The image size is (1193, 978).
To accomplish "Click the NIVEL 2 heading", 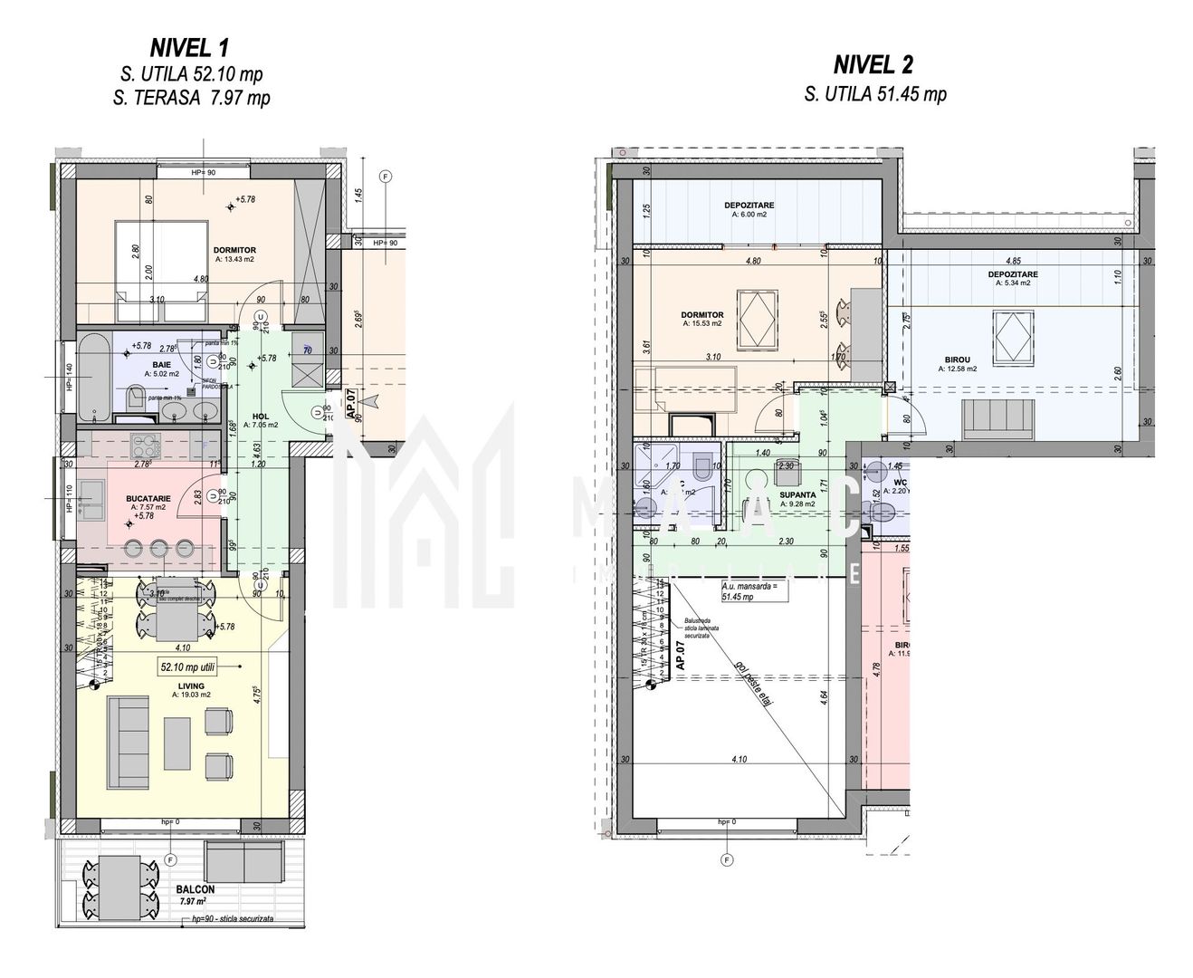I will (873, 64).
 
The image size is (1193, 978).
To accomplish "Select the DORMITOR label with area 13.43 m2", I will (234, 251).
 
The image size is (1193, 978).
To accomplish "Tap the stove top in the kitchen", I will (144, 445).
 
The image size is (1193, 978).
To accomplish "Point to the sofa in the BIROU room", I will (999, 417).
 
